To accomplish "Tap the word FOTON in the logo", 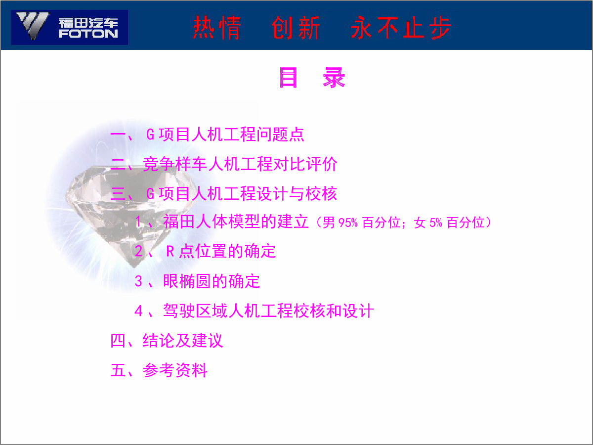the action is point(88,34).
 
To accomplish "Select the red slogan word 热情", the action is point(217,28).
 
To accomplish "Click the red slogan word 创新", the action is point(296,28).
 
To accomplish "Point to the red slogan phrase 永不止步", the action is point(401,28).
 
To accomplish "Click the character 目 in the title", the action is point(288,78).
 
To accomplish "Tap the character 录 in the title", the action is point(334,78).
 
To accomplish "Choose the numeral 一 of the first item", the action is point(118,134).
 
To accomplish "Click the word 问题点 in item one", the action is point(280,134).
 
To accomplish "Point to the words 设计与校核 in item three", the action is point(296,194).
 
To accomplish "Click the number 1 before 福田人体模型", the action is point(138,222).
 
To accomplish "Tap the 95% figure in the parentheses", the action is point(348,223).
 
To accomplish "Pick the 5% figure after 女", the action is point(436,223).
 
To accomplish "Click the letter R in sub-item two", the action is point(170,251).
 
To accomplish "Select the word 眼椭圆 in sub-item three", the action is point(187,281).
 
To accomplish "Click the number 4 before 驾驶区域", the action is point(138,311).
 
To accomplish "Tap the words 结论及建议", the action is point(183,341).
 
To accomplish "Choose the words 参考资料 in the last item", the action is point(175,370).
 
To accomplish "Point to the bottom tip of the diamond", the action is point(134,267).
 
